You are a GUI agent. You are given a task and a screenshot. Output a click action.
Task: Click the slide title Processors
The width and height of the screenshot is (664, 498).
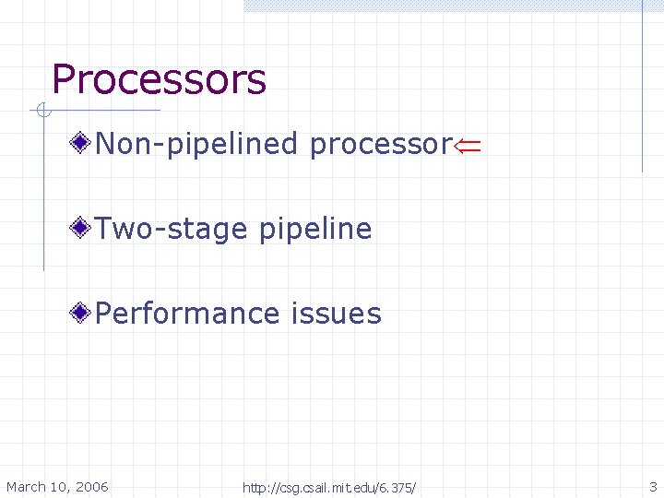point(159,80)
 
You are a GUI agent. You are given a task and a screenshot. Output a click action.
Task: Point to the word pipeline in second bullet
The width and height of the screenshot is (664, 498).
point(314,230)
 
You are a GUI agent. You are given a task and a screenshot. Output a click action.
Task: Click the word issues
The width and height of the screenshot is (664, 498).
point(336,314)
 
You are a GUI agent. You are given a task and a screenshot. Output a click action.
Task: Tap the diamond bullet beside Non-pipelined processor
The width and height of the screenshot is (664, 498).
point(83,143)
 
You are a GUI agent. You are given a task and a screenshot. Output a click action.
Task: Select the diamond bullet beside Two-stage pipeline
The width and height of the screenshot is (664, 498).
point(83,228)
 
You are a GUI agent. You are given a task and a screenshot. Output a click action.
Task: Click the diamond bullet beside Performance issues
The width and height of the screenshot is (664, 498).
point(83,313)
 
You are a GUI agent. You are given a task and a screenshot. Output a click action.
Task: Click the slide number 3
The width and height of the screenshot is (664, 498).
point(653,487)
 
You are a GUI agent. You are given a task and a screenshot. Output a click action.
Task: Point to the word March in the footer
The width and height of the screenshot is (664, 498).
point(25,487)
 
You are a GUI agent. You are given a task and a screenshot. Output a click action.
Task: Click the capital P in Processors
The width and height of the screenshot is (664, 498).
point(63,80)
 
